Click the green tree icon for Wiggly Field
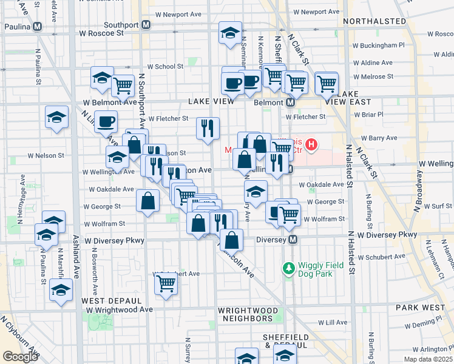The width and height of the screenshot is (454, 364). tap(288, 267)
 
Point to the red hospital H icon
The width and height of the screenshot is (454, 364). tap(311, 144)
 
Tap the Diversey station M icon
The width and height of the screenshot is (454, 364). tap(293, 240)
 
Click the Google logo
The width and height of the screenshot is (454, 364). tap(20, 357)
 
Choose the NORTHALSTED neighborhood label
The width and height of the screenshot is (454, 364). tap(374, 21)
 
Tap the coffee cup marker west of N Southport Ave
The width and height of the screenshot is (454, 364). tap(106, 121)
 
